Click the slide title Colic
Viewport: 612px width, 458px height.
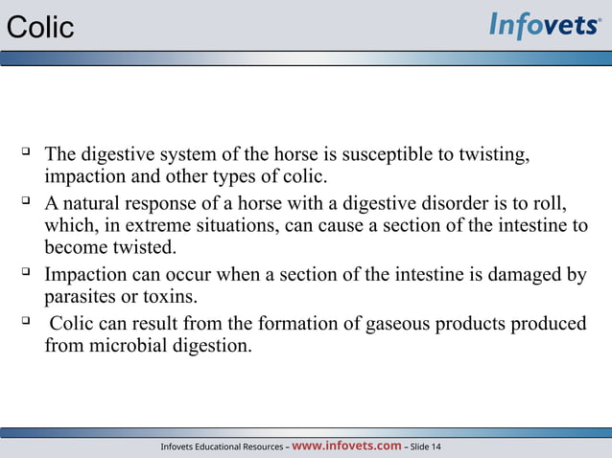39,28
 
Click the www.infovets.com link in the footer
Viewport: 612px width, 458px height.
345,446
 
